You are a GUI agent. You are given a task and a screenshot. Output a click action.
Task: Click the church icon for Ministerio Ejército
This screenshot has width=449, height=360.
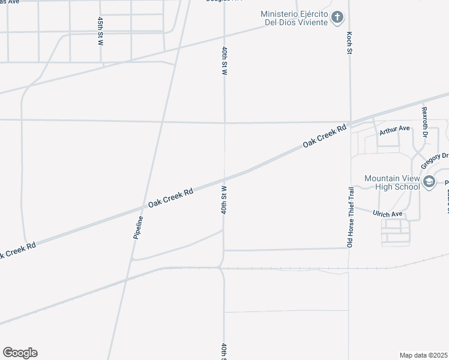337,17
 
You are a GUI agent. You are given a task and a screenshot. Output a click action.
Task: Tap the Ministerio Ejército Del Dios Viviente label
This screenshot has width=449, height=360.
294,18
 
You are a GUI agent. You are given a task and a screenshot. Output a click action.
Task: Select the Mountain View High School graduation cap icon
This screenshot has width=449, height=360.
429,181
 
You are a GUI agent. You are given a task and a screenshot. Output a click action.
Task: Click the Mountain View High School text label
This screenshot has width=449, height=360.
393,182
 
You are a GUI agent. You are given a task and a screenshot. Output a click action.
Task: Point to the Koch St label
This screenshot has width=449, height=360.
349,43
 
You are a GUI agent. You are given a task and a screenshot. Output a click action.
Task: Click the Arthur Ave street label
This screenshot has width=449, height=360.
394,128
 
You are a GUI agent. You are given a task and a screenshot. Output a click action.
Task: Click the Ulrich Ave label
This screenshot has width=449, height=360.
387,214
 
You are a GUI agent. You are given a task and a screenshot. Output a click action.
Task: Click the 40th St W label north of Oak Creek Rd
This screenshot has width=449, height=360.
224,59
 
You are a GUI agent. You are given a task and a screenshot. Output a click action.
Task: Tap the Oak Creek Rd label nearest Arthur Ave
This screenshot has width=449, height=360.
325,136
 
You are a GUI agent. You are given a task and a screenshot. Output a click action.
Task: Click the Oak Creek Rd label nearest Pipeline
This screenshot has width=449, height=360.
170,199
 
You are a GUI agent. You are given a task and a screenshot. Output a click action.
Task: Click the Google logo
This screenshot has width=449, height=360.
20,353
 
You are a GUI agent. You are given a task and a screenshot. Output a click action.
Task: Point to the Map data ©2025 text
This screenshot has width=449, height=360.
423,355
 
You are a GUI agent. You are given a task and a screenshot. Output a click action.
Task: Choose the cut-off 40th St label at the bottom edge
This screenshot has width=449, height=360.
223,351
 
